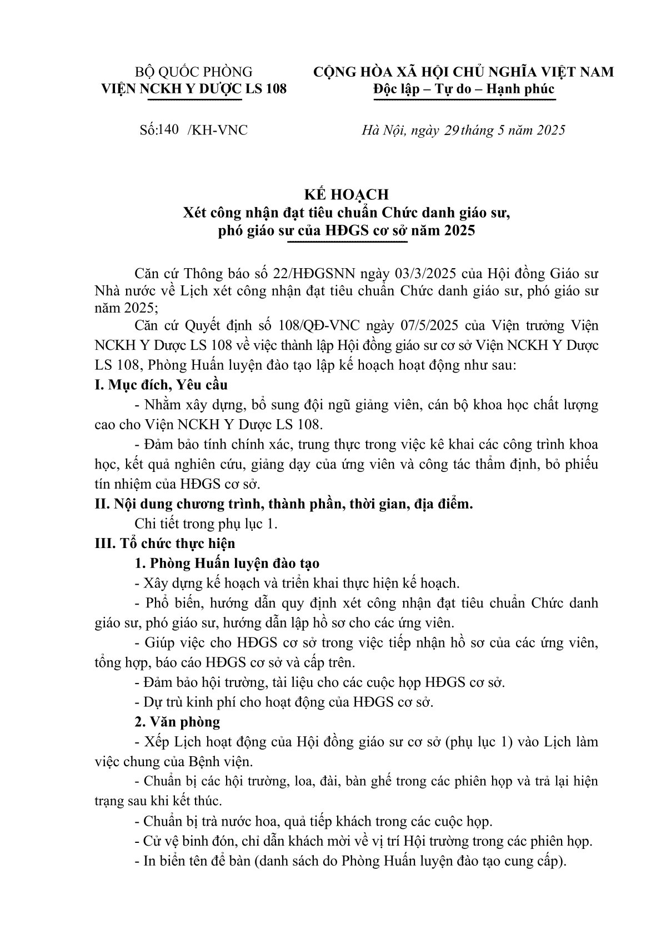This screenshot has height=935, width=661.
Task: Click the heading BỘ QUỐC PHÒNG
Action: [194, 72]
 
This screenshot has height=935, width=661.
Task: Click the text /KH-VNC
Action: [218, 130]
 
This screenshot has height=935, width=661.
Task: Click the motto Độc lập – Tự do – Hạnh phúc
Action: [464, 88]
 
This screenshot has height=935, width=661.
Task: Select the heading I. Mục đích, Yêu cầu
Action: [161, 384]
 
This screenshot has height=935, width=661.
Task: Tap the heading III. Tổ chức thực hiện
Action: [165, 543]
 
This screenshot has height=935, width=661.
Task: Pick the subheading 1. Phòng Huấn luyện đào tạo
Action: [227, 563]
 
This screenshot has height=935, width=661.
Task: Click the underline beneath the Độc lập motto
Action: [464, 100]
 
